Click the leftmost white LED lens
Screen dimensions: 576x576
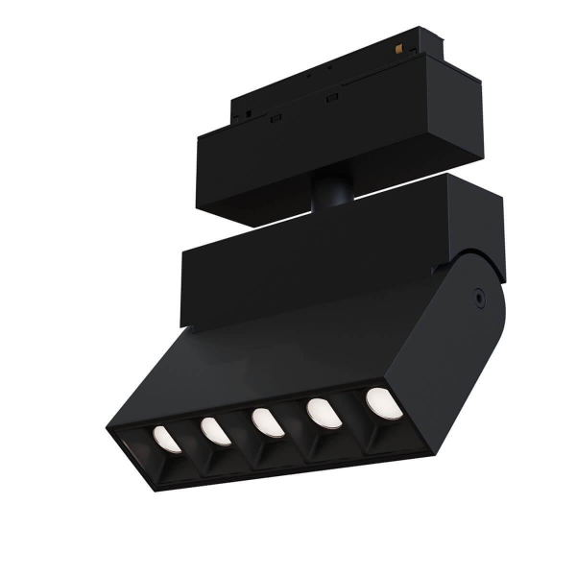click(166, 439)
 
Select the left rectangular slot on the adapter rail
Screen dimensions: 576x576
click(275, 117)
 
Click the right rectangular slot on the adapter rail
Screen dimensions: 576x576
click(333, 98)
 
